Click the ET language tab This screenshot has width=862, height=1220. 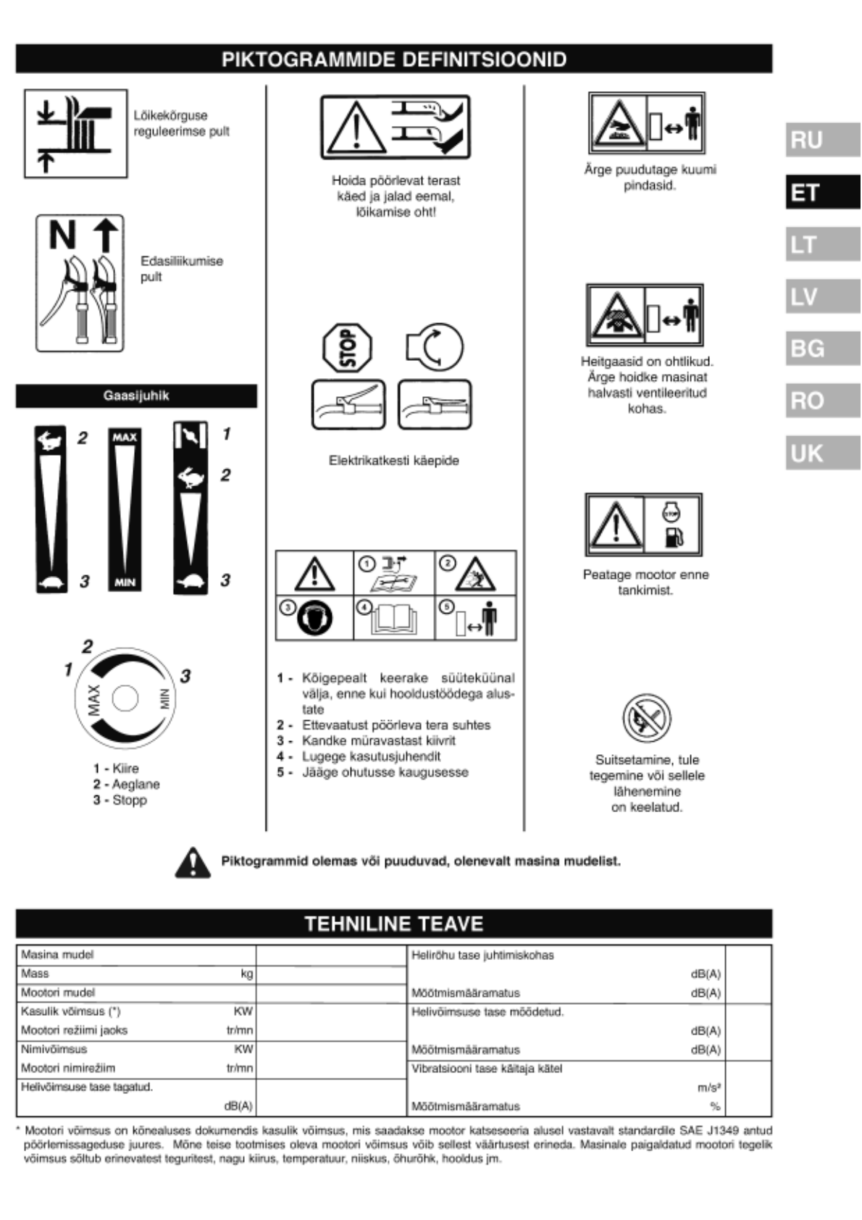click(822, 193)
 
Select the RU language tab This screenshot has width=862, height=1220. click(822, 140)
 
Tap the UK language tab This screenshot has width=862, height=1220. click(822, 454)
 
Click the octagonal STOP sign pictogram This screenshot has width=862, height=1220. click(348, 348)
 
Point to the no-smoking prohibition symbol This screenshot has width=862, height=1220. click(646, 719)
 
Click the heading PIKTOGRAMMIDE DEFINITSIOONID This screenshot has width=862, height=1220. click(394, 59)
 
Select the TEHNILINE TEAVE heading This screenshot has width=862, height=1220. click(394, 924)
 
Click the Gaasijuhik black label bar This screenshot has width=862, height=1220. click(136, 396)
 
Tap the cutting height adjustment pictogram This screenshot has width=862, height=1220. click(76, 133)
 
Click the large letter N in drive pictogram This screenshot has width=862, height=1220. click(62, 235)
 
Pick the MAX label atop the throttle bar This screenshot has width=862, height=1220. click(125, 438)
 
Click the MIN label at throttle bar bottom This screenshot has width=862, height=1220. click(125, 583)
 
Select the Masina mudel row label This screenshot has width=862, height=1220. click(58, 955)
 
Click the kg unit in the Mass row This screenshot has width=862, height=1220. click(247, 974)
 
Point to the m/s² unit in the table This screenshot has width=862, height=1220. click(708, 1087)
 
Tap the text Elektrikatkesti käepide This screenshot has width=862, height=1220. click(394, 461)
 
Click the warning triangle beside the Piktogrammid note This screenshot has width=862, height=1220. click(193, 862)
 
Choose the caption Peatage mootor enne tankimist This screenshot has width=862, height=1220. click(646, 582)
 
